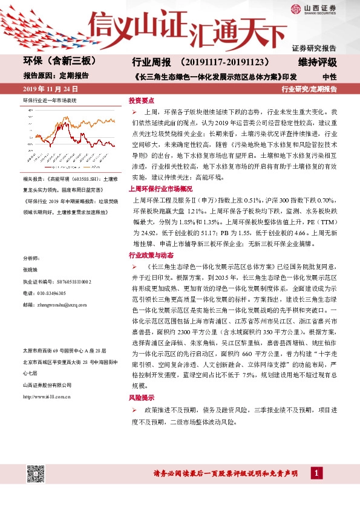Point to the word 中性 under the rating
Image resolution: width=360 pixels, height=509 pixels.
click(329, 77)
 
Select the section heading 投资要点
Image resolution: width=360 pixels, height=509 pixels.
click(142, 100)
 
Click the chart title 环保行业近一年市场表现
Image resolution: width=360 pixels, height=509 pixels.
click(50, 99)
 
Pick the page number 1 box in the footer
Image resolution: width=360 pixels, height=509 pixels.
click(316, 473)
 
